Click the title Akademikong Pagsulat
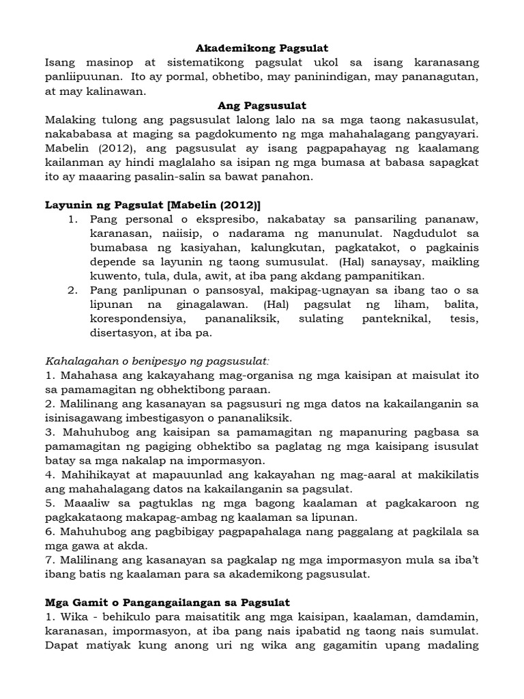pyautogui.click(x=262, y=48)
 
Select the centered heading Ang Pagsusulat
pyautogui.click(x=262, y=106)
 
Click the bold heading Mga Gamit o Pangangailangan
pyautogui.click(x=167, y=603)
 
